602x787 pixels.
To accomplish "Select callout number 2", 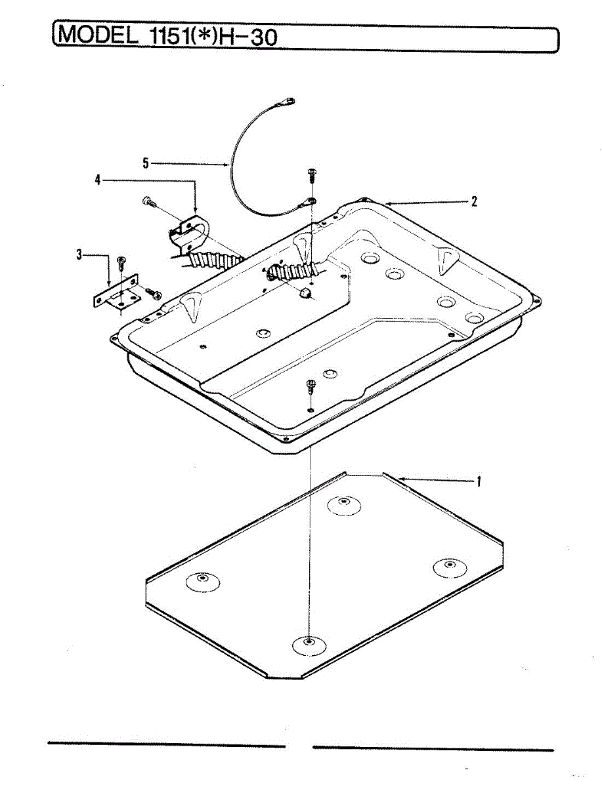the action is tap(474, 201).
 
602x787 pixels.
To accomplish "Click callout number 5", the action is tap(146, 161).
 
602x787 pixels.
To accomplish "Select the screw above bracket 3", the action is tap(121, 262).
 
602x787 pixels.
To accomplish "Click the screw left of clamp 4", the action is tap(148, 203).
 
